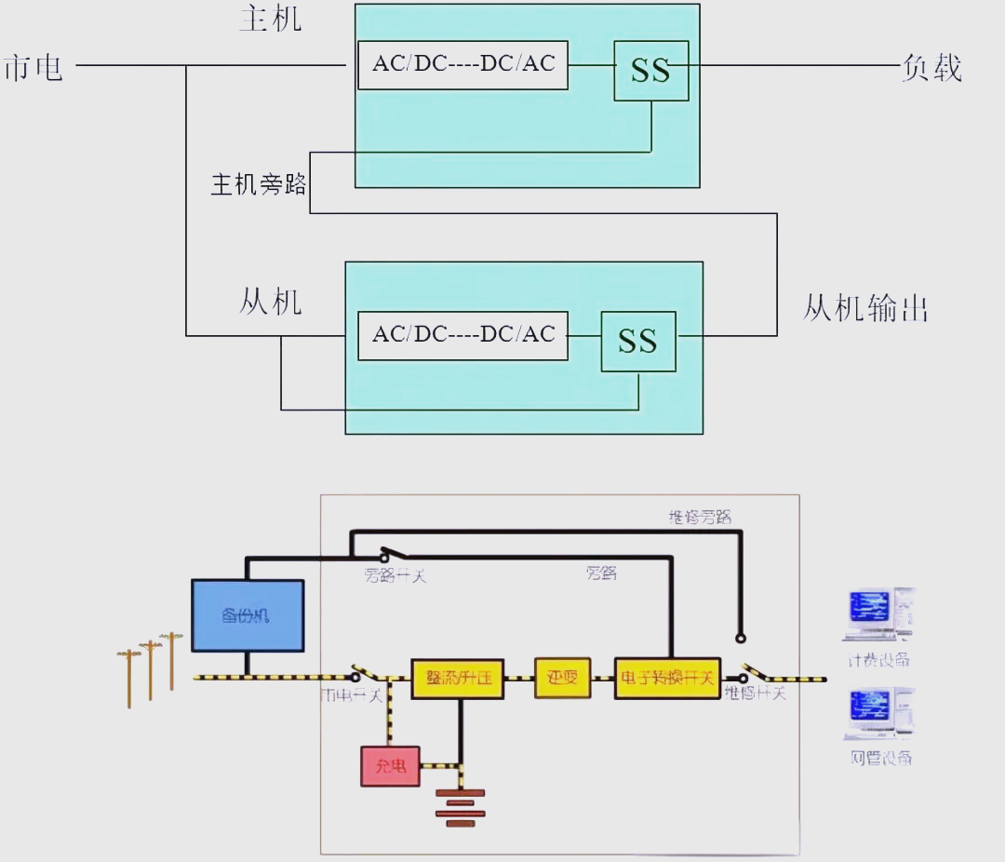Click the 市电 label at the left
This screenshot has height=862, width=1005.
click(33, 68)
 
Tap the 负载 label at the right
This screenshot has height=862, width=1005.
click(931, 68)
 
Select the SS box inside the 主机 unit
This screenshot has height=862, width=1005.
click(650, 71)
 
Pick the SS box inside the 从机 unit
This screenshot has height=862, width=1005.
click(637, 341)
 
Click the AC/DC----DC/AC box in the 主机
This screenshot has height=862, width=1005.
click(462, 64)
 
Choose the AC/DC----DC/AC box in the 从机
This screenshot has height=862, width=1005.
click(462, 335)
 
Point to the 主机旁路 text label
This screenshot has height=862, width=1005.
click(259, 184)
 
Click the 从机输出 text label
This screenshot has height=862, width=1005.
click(865, 308)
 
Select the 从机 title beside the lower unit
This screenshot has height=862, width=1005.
click(271, 302)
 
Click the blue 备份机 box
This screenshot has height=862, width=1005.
click(247, 615)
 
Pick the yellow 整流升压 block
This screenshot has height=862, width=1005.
click(459, 678)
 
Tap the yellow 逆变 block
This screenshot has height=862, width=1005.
click(562, 678)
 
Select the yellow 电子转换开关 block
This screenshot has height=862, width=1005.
click(666, 678)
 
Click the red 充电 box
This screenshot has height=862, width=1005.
click(390, 766)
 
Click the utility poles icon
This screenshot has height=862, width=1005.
click(150, 667)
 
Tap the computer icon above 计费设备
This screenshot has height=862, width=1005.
click(878, 615)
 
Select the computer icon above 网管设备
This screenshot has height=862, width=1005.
click(879, 714)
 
